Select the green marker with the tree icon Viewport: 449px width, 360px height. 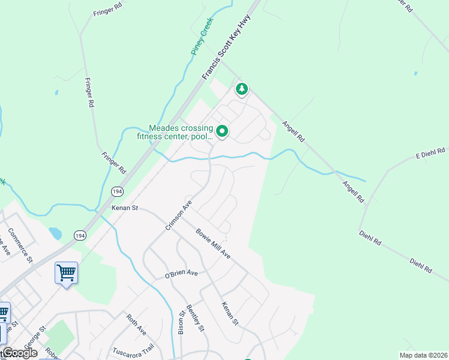(241, 89)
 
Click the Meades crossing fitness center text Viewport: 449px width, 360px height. (181, 132)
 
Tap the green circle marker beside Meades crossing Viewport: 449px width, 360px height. (222, 130)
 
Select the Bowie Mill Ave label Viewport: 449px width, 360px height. (214, 242)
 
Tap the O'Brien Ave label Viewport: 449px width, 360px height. (181, 274)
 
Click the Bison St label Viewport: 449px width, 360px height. (181, 323)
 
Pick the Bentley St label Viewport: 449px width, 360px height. (196, 317)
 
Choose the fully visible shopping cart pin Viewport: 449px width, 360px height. (66, 273)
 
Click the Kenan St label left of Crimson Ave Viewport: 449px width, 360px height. (125, 208)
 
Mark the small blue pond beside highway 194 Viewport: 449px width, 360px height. (55, 233)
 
